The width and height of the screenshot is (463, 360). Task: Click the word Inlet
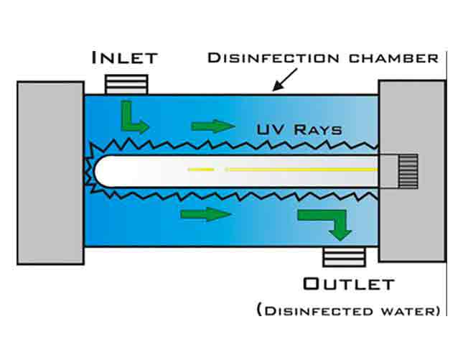pos(125,57)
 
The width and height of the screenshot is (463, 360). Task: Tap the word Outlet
pos(349,284)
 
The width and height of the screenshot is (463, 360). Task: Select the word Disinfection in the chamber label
pos(273,58)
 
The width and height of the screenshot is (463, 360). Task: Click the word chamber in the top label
pos(393,58)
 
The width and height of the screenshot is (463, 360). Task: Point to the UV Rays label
pos(299,129)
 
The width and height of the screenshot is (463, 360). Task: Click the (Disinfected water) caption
pos(349,310)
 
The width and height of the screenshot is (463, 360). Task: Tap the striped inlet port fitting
pos(126,85)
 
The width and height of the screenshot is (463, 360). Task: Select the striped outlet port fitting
pos(344,257)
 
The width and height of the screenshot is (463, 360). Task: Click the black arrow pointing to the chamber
pos(285,80)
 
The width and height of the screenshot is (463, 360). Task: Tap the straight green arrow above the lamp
pos(213,126)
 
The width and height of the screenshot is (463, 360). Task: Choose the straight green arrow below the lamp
pos(206,214)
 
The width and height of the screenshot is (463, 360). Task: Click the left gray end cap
pos(50,173)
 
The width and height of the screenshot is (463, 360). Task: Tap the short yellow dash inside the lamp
pos(201,170)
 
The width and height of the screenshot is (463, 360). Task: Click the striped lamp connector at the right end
pos(408,172)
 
